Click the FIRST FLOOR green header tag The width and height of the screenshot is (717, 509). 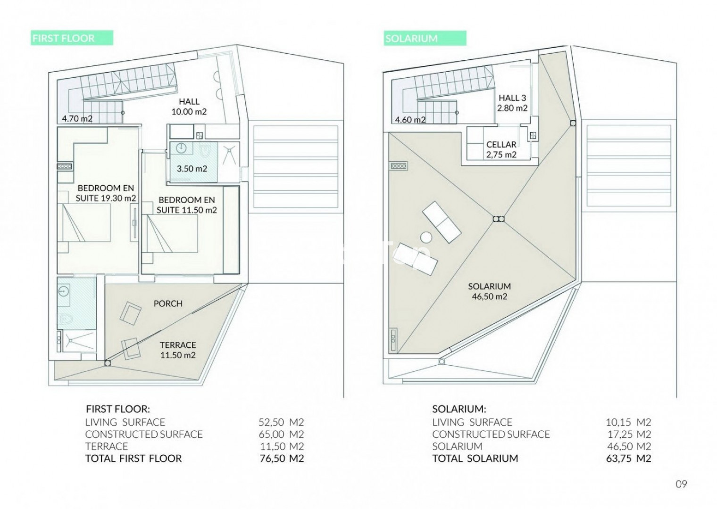click(x=72, y=38)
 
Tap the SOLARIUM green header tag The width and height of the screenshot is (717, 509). click(x=425, y=38)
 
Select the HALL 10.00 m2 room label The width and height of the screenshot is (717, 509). click(x=189, y=107)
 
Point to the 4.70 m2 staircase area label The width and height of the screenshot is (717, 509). click(x=77, y=119)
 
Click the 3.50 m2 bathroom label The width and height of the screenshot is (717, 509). click(x=192, y=169)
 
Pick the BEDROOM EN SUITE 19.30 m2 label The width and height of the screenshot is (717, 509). click(x=106, y=193)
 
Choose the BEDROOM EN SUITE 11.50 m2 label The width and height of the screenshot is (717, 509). click(x=187, y=205)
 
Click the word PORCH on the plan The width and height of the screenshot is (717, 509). click(x=168, y=304)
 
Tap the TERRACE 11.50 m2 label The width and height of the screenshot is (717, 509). click(x=178, y=350)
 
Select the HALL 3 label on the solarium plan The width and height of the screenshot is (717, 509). click(x=512, y=98)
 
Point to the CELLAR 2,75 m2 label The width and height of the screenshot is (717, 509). click(x=501, y=149)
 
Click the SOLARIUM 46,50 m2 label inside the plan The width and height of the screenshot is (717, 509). click(x=490, y=291)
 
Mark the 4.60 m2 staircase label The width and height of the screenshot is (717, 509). click(x=410, y=120)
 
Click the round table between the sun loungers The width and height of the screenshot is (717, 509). click(x=426, y=238)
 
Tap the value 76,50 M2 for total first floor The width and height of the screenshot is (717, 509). click(x=281, y=458)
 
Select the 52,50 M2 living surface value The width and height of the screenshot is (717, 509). click(x=281, y=422)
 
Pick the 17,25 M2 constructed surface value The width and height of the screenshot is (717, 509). click(x=629, y=434)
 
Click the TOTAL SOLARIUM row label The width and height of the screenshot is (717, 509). click(x=475, y=458)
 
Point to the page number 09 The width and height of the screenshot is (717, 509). click(x=681, y=484)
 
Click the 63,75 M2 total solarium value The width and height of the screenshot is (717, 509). click(x=629, y=458)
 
